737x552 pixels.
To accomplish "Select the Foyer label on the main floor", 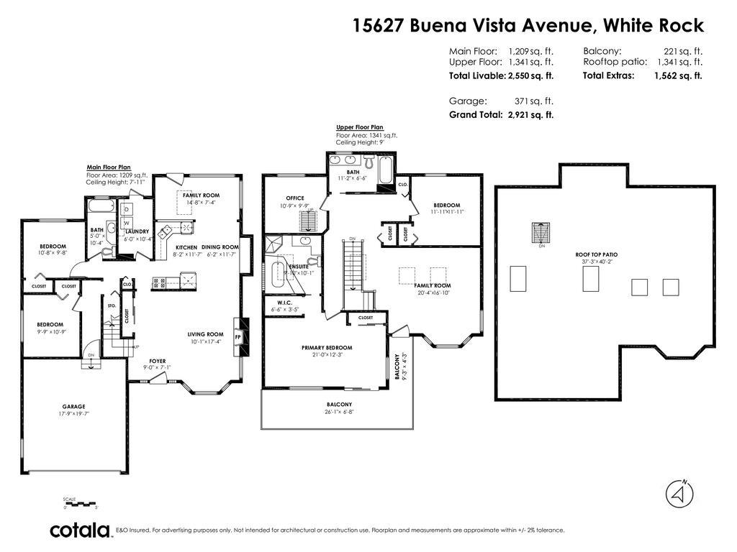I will coord(157,361).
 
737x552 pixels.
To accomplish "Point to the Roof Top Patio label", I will coord(596,254).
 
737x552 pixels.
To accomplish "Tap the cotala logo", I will coord(81,530).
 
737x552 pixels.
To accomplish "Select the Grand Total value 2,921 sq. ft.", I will coord(530,115).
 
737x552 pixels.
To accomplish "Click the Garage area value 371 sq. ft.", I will coord(533,101).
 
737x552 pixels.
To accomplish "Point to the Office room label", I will coord(295,198).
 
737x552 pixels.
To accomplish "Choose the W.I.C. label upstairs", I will coord(279,303).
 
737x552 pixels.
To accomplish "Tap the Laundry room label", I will coord(137,231).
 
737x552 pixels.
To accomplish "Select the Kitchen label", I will coord(186,247).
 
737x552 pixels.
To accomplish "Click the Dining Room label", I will coord(220,247).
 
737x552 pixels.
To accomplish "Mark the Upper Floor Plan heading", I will coord(359,127).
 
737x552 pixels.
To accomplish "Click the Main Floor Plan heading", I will coord(109,167).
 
